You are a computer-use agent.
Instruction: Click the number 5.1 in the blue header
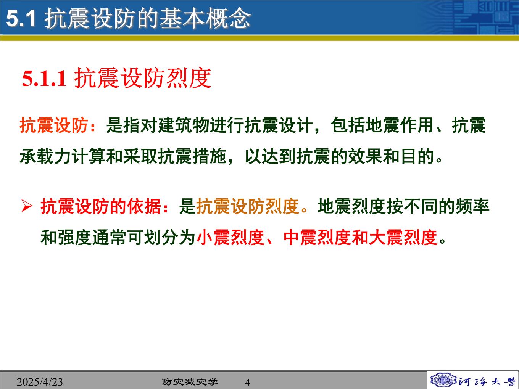[x=21, y=18]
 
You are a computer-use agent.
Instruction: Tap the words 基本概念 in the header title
[x=205, y=18]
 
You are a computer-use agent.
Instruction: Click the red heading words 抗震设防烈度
[x=143, y=78]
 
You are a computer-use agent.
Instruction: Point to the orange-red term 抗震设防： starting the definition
[x=58, y=125]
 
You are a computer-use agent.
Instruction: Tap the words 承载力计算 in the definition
[x=63, y=157]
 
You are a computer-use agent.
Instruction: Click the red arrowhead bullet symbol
[x=27, y=206]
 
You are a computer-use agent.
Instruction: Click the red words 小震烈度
[x=230, y=238]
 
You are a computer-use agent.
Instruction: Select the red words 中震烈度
[x=317, y=238]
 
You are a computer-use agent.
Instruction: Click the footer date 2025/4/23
[x=40, y=382]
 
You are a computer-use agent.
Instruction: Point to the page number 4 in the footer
[x=247, y=382]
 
